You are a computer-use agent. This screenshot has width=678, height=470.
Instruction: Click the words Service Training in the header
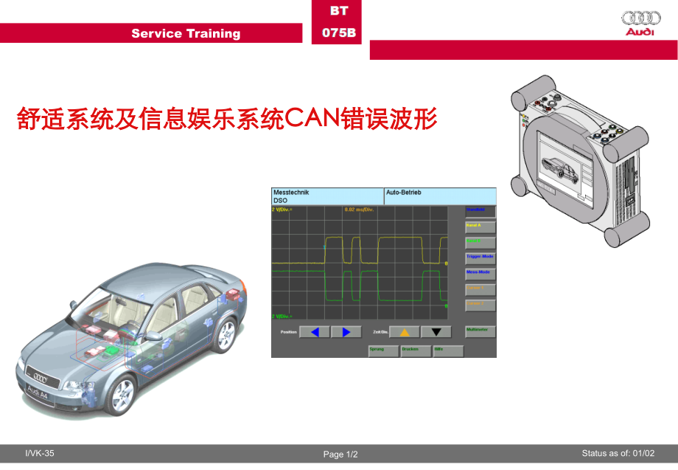(186, 33)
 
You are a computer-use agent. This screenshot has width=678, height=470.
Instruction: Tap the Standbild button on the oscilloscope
(480, 211)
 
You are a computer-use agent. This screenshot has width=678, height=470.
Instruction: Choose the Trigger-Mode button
(480, 258)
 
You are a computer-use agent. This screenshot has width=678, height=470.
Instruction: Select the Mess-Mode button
(480, 273)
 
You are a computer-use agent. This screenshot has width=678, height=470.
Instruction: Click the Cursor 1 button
(480, 288)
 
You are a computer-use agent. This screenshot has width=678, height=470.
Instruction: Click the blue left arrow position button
(315, 332)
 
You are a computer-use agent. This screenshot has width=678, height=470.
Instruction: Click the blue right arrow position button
(346, 332)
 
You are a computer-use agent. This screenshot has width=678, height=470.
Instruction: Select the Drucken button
(416, 350)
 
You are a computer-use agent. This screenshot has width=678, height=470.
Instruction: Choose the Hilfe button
(448, 350)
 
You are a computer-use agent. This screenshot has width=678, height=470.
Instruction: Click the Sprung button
(383, 350)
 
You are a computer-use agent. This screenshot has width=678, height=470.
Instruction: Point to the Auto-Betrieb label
(404, 193)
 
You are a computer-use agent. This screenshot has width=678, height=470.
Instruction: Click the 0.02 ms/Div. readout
(360, 210)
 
